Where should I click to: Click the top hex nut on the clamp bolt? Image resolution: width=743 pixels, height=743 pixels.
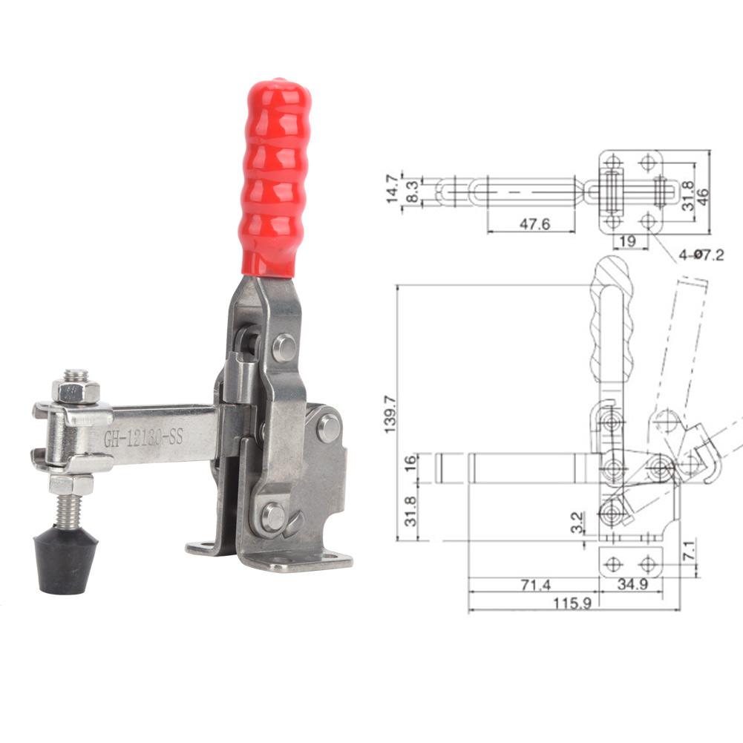point(75,390)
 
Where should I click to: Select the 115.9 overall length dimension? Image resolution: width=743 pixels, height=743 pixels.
point(572,603)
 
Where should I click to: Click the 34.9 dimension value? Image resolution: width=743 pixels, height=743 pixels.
point(632,585)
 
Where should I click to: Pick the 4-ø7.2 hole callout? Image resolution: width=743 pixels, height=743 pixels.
point(700,255)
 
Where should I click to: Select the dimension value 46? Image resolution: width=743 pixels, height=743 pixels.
point(704,191)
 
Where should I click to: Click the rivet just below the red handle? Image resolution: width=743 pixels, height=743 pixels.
point(284,347)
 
